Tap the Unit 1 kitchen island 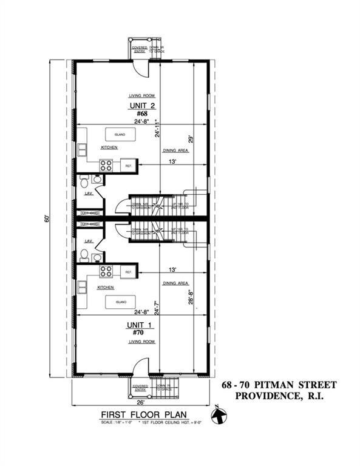[x=120, y=302]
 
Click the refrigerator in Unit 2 [x=129, y=165]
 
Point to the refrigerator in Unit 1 [x=129, y=272]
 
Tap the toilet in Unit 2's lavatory [x=85, y=179]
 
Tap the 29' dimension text [x=190, y=138]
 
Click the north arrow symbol [x=219, y=416]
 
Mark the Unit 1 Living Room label [x=139, y=342]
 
